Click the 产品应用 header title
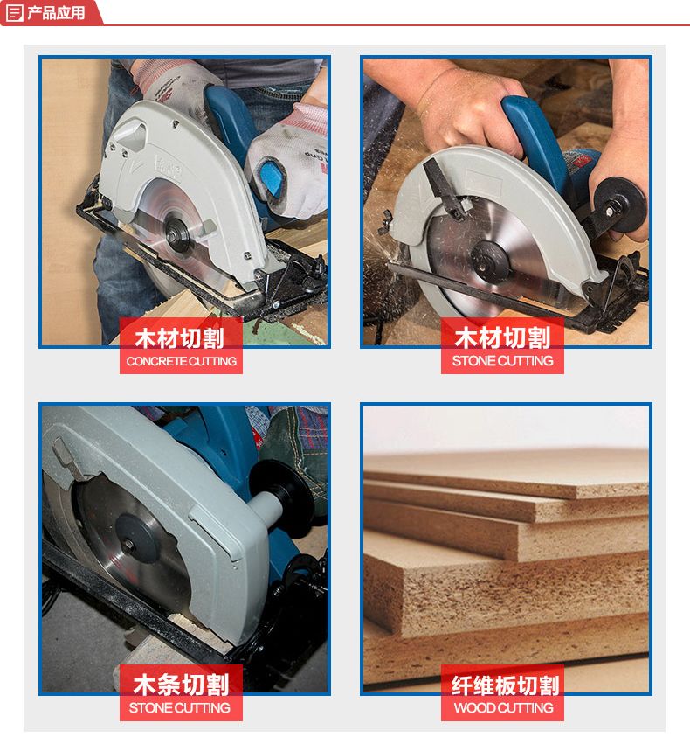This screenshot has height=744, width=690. [56, 13]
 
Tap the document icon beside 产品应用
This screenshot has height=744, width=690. [14, 13]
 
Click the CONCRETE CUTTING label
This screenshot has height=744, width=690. [182, 361]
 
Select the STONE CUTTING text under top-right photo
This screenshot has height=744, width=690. [503, 361]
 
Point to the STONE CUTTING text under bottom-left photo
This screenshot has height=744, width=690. [180, 708]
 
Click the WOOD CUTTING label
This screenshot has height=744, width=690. [504, 708]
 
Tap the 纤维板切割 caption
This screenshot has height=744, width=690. [505, 685]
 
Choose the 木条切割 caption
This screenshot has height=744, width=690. [181, 685]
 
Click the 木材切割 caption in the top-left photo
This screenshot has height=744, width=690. [179, 338]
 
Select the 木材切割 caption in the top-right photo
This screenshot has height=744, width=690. [502, 337]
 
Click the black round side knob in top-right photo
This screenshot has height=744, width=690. [620, 204]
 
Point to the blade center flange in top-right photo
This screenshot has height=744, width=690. [491, 261]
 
